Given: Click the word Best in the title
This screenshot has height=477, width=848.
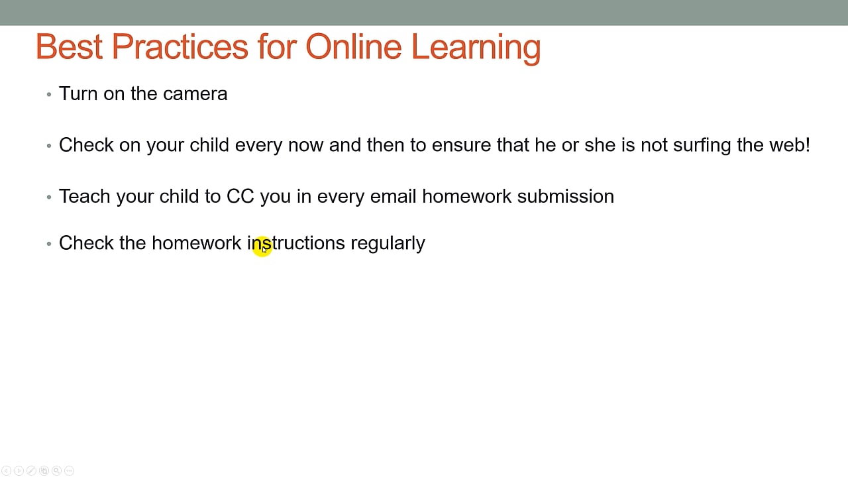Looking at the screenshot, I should click(69, 46).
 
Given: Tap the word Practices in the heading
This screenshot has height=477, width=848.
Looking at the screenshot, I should click(180, 46).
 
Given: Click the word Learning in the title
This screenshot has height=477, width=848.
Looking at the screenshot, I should click(476, 48).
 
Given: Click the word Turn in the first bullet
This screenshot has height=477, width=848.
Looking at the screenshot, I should click(78, 93).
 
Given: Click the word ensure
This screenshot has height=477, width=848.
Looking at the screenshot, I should click(461, 145).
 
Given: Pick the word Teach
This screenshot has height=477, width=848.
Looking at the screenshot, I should click(84, 196).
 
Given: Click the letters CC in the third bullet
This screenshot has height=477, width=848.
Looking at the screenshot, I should click(240, 196).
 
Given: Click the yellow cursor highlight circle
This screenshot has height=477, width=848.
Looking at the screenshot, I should click(262, 246).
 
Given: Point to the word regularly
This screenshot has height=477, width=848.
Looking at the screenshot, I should click(388, 243).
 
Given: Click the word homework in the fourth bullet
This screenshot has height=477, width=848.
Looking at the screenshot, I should click(196, 242).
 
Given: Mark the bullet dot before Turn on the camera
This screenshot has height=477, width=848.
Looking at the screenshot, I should click(49, 95).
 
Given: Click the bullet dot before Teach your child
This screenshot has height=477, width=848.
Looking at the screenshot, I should click(49, 197).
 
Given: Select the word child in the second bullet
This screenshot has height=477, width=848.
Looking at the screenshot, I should click(209, 145).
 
